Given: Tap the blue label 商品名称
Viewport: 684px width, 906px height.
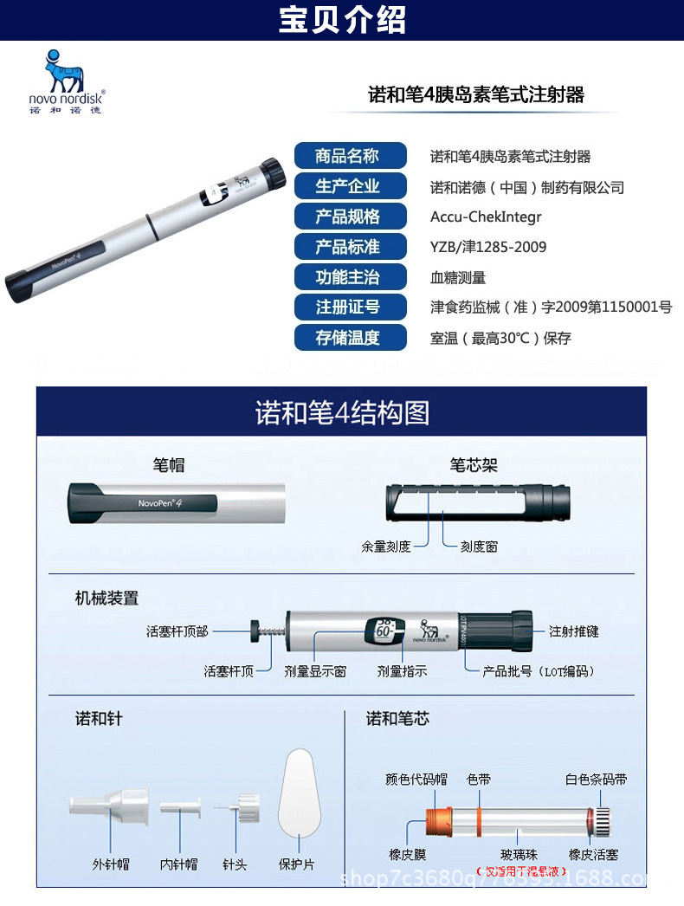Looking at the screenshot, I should (x=349, y=156).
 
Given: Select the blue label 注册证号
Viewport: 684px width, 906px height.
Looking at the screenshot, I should (x=349, y=307).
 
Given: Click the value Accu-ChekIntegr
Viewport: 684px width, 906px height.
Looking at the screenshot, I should (x=486, y=217).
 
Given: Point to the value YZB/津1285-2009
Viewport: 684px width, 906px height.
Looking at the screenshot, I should (x=488, y=247).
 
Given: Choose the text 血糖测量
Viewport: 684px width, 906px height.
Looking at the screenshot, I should (x=458, y=277).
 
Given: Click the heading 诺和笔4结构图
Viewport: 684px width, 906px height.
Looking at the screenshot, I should (x=342, y=411).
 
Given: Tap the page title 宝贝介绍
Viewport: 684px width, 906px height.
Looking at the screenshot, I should (x=342, y=19).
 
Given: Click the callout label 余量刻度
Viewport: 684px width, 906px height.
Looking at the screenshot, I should (x=386, y=547).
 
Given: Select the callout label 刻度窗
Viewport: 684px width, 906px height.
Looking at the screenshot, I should (x=479, y=547).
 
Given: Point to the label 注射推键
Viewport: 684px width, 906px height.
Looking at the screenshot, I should (x=574, y=631).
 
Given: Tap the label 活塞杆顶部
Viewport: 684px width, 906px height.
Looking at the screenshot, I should (x=177, y=631).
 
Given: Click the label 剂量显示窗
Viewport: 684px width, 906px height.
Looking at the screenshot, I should (x=315, y=670).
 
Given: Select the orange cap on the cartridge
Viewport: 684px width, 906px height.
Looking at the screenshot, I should (x=437, y=819).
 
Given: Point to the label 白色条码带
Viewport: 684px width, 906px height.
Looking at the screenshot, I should (x=597, y=780).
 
